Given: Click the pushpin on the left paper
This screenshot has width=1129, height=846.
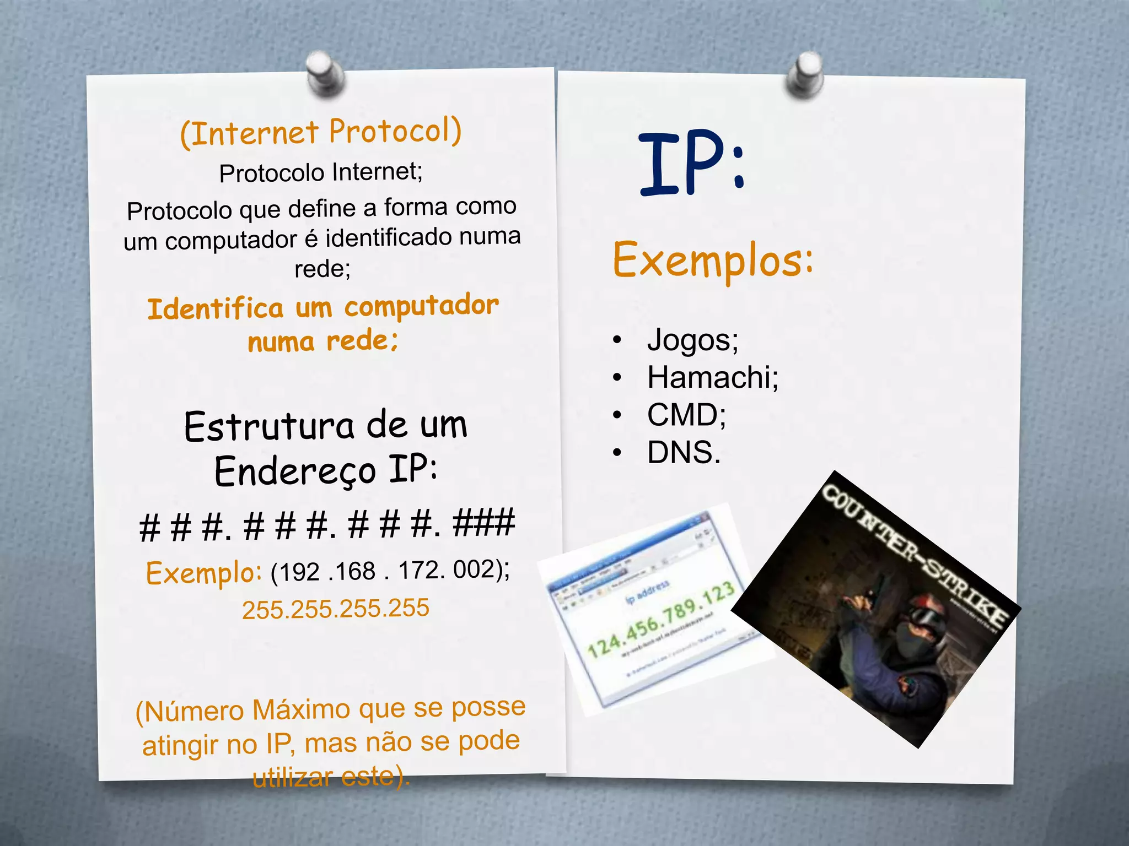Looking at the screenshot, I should (x=325, y=74).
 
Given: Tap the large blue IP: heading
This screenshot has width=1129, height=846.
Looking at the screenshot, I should (x=692, y=164).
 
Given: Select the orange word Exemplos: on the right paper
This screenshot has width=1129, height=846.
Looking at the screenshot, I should (x=712, y=260).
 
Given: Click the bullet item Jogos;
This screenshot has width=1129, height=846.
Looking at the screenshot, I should (x=692, y=339).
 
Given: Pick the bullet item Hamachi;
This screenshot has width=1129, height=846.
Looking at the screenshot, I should (x=712, y=377).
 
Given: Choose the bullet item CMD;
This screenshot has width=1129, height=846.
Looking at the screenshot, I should (x=686, y=415).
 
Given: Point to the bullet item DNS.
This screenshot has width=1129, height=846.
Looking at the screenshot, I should (x=684, y=453).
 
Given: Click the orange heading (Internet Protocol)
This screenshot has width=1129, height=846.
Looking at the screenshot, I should (x=321, y=133).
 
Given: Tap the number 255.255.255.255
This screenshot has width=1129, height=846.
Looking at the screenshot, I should (x=335, y=609).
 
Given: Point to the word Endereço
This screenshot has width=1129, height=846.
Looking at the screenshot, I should (x=295, y=471).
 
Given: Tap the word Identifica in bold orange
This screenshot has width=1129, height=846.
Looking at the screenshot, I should (x=215, y=308).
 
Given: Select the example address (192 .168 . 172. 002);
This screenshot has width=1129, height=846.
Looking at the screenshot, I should (x=390, y=571).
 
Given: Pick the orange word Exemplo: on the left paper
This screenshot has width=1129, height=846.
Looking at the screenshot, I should (x=203, y=573).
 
